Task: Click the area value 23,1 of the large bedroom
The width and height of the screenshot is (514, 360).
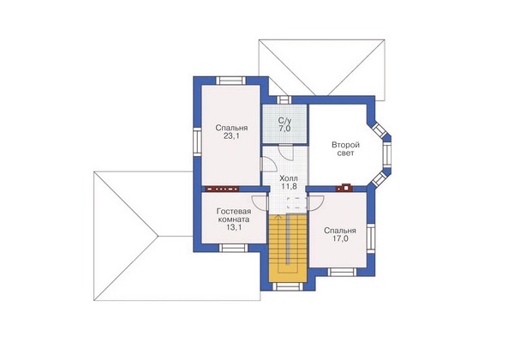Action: pos(231,136)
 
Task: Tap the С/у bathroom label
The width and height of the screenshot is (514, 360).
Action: pos(284,121)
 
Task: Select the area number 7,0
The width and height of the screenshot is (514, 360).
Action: pos(284,129)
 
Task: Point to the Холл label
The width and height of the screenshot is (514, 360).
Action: pos(289,178)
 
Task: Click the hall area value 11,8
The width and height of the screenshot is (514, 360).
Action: pos(289,187)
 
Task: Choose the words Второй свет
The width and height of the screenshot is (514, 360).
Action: pos(345,149)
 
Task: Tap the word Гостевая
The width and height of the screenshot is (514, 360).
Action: pos(234,211)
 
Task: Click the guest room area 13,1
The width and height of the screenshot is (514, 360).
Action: pos(234,227)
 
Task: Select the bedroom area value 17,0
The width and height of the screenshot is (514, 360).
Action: pos(340,238)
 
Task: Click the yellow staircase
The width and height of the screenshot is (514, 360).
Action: pos(288,248)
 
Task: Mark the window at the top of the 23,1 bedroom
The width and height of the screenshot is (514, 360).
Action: pos(230,81)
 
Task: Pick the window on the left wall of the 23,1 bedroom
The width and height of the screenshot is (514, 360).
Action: pos(197,141)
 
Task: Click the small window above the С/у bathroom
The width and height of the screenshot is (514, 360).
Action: pos(284,99)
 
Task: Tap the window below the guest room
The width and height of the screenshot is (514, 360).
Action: pos(232,248)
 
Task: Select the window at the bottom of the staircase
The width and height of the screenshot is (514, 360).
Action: pos(288,286)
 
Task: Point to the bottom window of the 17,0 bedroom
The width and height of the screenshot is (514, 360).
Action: pos(342,272)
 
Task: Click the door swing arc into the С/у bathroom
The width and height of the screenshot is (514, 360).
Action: pos(285,152)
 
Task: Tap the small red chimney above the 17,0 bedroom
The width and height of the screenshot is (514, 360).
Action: pos(344,188)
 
